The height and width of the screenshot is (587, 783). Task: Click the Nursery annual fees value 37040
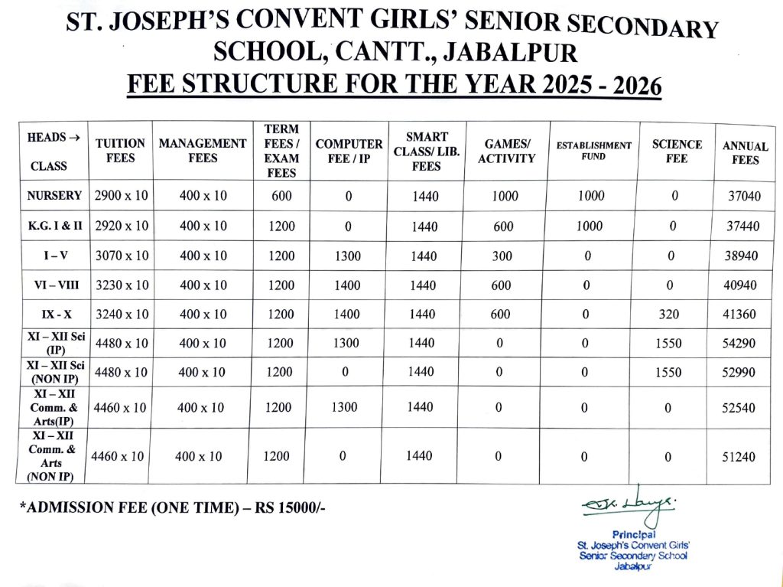pyautogui.click(x=744, y=196)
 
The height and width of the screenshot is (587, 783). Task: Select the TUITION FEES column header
pyautogui.click(x=120, y=151)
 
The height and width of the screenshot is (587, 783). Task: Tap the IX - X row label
pyautogui.click(x=54, y=314)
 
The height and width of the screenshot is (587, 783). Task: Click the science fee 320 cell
pyautogui.click(x=669, y=314)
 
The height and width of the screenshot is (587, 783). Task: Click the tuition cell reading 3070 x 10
pyautogui.click(x=122, y=256)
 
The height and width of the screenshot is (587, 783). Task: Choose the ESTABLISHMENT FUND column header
pyautogui.click(x=593, y=151)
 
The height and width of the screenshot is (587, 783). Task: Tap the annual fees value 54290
pyautogui.click(x=740, y=343)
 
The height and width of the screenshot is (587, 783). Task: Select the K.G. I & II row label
pyautogui.click(x=54, y=226)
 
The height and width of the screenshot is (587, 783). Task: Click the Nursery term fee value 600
pyautogui.click(x=282, y=196)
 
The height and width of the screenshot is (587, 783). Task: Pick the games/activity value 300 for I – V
pyautogui.click(x=502, y=256)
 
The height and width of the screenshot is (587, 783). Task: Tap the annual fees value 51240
pyautogui.click(x=738, y=457)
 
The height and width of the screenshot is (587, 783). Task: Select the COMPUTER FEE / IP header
pyautogui.click(x=349, y=151)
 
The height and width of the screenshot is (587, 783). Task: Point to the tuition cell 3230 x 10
pyautogui.click(x=122, y=285)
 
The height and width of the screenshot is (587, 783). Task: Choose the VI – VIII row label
pyautogui.click(x=54, y=285)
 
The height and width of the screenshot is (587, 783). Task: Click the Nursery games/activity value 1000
pyautogui.click(x=505, y=196)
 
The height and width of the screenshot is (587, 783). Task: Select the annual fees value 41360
pyautogui.click(x=740, y=314)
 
